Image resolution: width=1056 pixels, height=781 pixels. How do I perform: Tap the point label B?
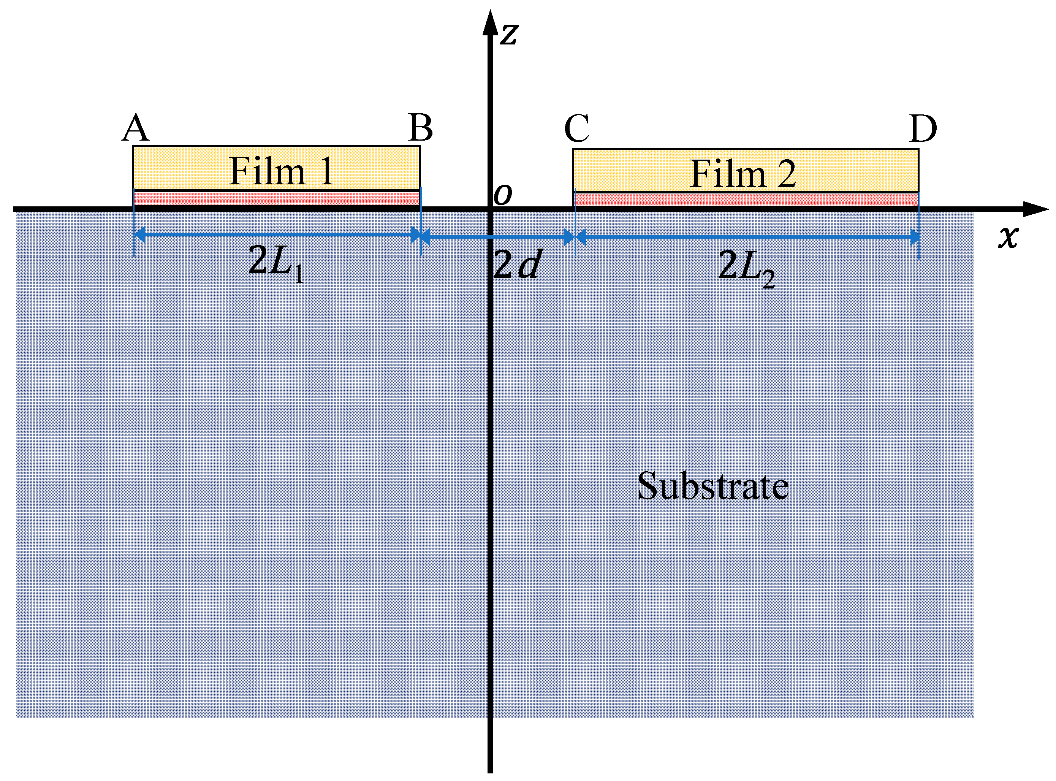pyautogui.click(x=420, y=128)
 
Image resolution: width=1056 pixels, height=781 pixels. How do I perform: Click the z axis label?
pyautogui.click(x=509, y=34)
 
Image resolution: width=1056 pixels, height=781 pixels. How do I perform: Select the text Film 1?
pyautogui.click(x=282, y=171)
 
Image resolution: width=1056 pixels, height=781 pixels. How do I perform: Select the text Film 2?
pyautogui.click(x=743, y=174)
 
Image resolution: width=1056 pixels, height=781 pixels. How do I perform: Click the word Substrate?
pyautogui.click(x=713, y=486)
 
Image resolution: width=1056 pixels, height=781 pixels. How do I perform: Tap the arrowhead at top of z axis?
pyautogui.click(x=490, y=24)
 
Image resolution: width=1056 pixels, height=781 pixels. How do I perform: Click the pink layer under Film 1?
pyautogui.click(x=277, y=198)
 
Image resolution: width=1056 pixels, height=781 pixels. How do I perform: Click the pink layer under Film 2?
pyautogui.click(x=746, y=200)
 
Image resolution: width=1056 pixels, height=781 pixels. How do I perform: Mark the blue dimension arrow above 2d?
pyautogui.click(x=497, y=237)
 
